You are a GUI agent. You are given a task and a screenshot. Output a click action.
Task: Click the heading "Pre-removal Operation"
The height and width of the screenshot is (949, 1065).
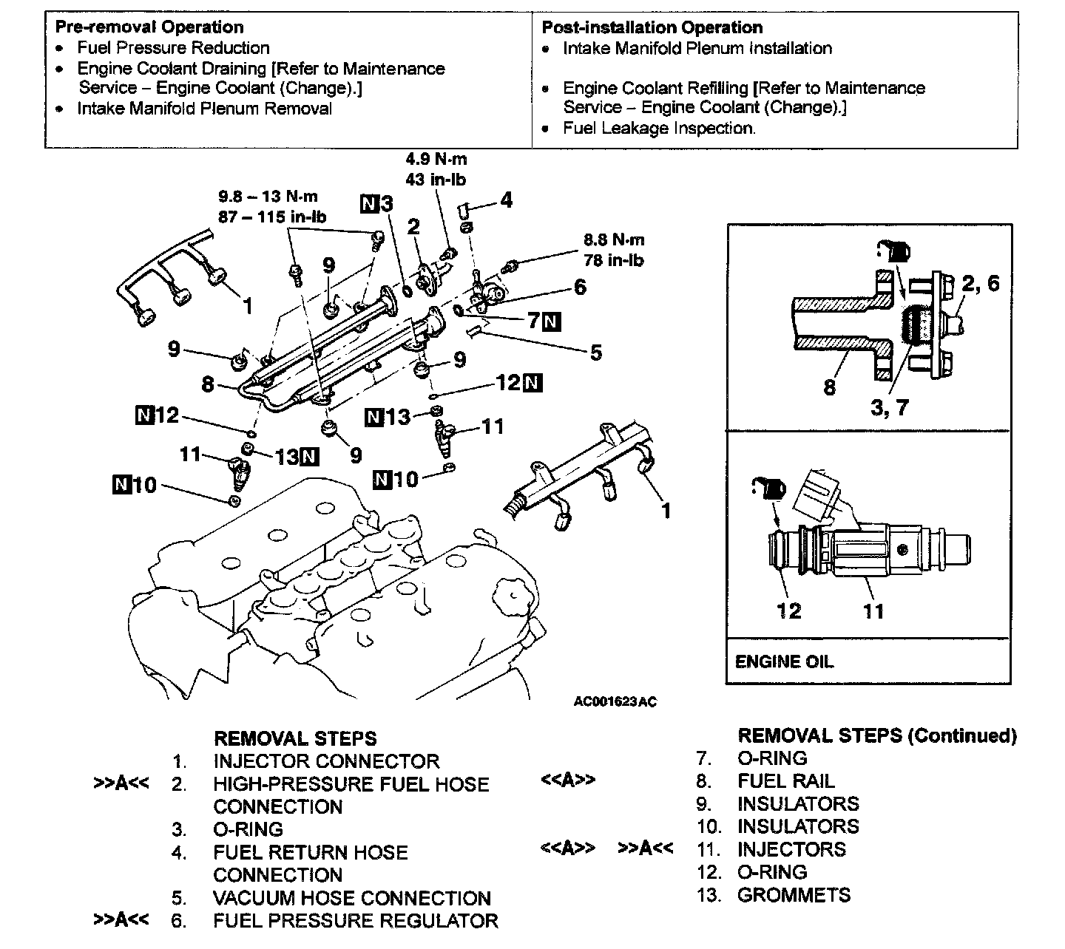point(149,27)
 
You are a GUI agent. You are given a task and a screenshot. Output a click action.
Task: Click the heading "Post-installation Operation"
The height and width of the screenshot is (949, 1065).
point(652,28)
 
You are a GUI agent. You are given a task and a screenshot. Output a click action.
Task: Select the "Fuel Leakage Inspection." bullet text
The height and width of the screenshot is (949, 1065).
point(659,128)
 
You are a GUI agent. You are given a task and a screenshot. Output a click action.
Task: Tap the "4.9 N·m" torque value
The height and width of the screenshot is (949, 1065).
point(436,159)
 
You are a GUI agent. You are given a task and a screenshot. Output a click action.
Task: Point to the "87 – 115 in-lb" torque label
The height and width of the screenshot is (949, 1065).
point(272,217)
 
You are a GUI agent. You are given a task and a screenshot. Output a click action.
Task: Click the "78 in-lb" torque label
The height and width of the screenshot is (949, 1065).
point(613,260)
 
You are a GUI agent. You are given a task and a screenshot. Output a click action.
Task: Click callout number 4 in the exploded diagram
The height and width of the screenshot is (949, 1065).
point(506,200)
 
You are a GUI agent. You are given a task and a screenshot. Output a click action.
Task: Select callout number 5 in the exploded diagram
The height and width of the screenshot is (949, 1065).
point(596,353)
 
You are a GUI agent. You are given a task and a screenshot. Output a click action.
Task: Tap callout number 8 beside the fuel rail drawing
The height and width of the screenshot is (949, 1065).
point(208,384)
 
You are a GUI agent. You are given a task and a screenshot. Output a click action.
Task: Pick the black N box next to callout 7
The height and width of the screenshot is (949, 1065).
point(552,322)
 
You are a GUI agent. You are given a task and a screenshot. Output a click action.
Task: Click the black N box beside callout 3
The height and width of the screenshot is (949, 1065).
point(370,203)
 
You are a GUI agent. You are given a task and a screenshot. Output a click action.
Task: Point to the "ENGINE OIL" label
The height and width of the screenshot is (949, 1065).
point(784,661)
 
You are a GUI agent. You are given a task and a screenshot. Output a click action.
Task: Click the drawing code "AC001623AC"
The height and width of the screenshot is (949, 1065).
point(615,701)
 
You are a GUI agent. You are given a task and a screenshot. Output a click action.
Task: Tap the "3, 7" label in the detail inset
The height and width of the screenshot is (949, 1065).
point(889,407)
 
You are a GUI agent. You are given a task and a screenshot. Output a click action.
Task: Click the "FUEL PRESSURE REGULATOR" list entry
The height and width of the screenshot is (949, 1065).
point(355,921)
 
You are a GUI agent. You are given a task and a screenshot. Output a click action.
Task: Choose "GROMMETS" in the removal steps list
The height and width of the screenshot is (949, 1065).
point(794,895)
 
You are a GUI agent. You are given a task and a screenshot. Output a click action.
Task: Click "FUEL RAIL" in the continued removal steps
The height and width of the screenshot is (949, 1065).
point(785,781)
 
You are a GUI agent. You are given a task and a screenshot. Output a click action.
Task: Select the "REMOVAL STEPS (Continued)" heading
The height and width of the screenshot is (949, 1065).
point(877,735)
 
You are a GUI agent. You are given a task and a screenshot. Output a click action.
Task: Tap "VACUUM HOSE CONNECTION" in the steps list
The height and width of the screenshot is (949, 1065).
point(351,898)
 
